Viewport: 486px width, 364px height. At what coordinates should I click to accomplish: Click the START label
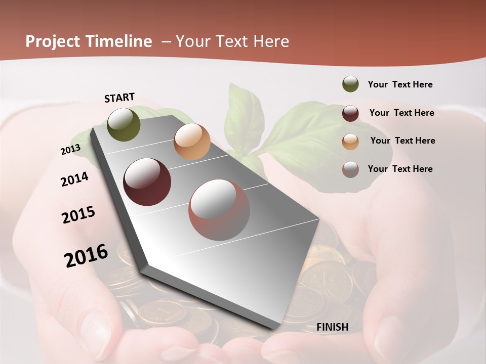coord(119,98)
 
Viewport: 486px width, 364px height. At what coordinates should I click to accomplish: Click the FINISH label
coord(333,327)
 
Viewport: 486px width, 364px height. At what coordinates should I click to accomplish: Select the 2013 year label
coord(70,150)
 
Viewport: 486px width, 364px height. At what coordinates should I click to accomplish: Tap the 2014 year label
coord(75,179)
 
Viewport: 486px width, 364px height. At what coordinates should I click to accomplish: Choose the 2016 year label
coord(86,256)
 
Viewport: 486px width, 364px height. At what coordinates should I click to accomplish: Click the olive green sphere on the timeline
coord(124,124)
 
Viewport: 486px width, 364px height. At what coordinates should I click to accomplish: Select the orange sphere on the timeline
coord(192,142)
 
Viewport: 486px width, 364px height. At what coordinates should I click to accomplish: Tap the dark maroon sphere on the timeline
coord(147,182)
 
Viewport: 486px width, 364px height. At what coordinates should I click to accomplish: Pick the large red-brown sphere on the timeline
coord(219,210)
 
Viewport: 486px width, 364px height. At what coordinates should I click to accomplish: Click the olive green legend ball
coord(350,84)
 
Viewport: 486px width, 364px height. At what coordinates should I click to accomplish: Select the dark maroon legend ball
coord(350,113)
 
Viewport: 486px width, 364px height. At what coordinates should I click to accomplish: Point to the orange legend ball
coord(350,141)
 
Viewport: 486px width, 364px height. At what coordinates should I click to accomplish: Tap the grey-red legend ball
coord(350,169)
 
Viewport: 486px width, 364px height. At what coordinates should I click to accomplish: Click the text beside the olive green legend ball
coord(400,84)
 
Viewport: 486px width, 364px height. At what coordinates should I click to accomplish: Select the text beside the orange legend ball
coord(402,141)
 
